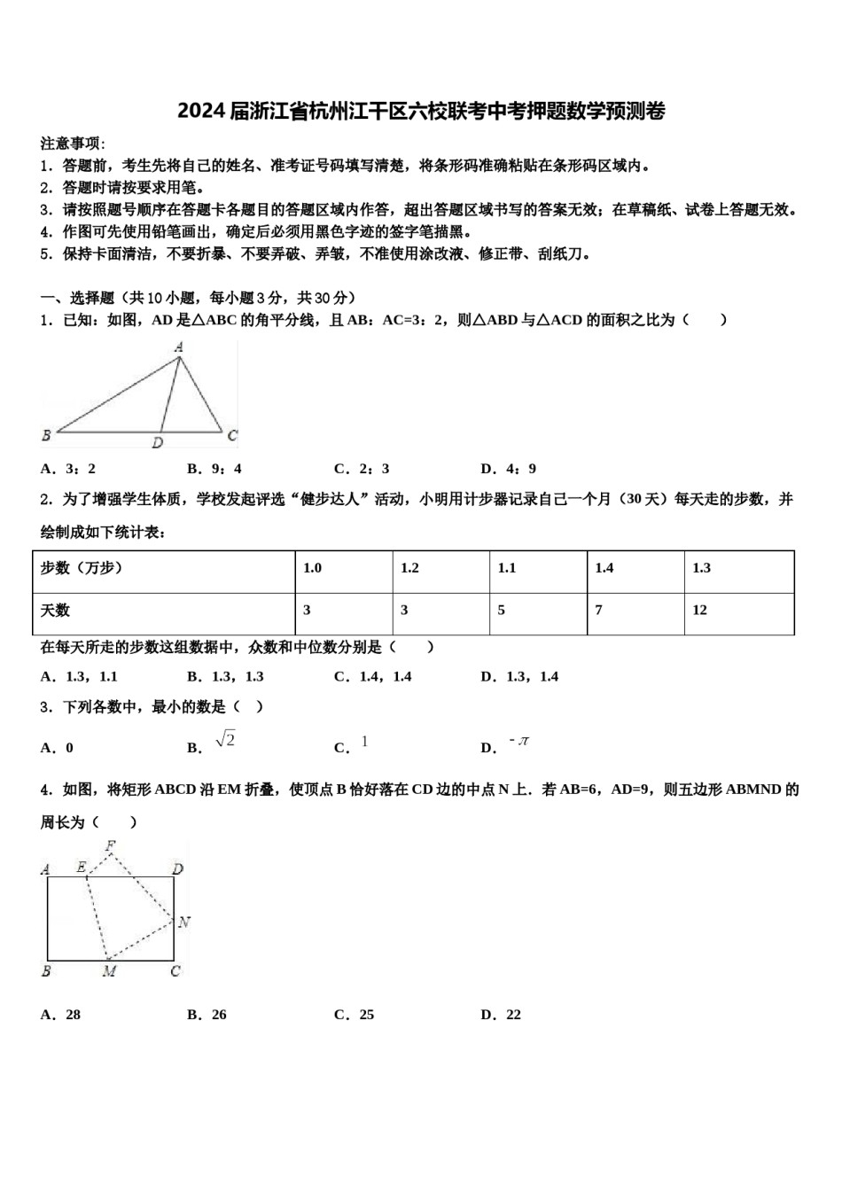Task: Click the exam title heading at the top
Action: point(421,111)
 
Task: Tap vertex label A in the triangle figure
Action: point(178,347)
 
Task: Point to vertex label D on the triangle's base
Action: point(157,442)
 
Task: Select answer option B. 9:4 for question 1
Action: point(214,469)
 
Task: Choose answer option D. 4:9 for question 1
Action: point(508,469)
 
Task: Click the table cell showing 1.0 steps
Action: point(313,568)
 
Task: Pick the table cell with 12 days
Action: point(700,611)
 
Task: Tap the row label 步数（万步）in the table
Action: point(82,568)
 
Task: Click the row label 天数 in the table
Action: point(55,611)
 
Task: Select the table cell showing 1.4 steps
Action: point(604,568)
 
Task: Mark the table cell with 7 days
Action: point(599,611)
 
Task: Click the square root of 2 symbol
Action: point(225,740)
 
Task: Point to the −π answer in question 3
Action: point(519,741)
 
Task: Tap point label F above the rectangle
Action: point(111,845)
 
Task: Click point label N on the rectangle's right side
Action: point(183,922)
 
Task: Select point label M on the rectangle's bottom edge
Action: point(109,971)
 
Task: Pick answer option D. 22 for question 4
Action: point(501,1015)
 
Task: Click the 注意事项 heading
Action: point(72,144)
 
